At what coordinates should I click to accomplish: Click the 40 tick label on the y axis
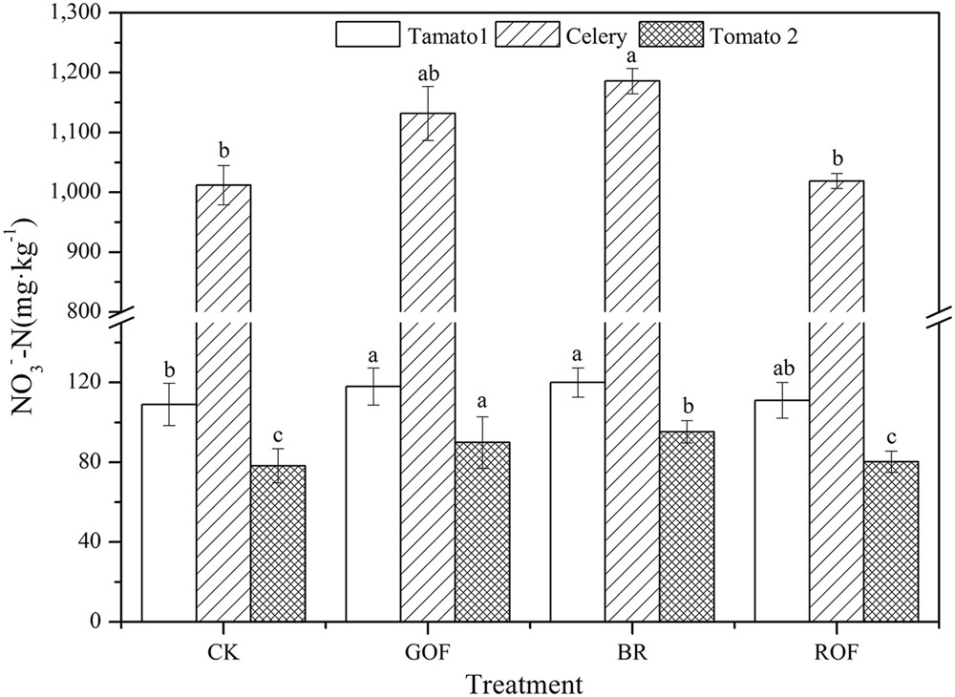point(94,542)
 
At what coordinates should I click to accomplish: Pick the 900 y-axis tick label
point(92,252)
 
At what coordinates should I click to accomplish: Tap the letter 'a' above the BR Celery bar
point(632,56)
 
